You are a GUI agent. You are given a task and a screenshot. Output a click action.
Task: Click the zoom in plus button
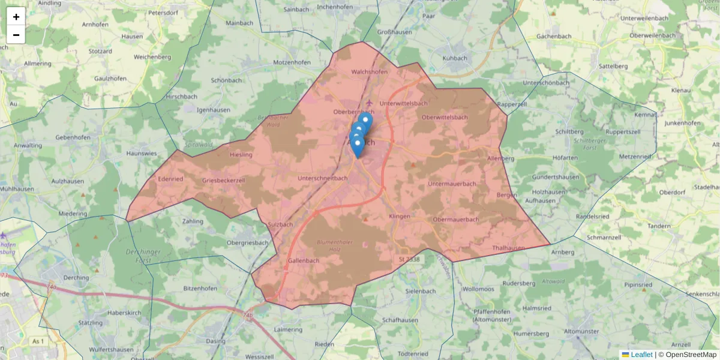click(16, 17)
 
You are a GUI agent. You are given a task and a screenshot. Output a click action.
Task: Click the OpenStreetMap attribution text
click(691, 355)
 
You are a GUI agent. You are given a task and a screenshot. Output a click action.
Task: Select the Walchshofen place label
click(369, 72)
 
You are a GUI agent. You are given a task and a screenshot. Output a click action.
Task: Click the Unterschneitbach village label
click(323, 178)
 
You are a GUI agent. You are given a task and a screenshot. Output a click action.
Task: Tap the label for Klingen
click(400, 216)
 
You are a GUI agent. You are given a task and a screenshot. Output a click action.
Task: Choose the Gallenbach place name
click(304, 261)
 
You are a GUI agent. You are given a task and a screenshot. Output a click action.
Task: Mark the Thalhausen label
click(508, 248)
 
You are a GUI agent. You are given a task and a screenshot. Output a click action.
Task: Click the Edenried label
click(170, 179)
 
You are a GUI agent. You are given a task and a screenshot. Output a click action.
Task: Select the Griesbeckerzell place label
click(224, 180)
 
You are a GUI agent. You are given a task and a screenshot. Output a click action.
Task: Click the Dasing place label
click(215, 341)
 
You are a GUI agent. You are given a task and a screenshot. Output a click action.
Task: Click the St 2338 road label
click(409, 259)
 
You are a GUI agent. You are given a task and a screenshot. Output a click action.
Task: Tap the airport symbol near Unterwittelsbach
click(368, 103)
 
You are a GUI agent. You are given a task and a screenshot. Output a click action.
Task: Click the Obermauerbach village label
click(456, 220)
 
